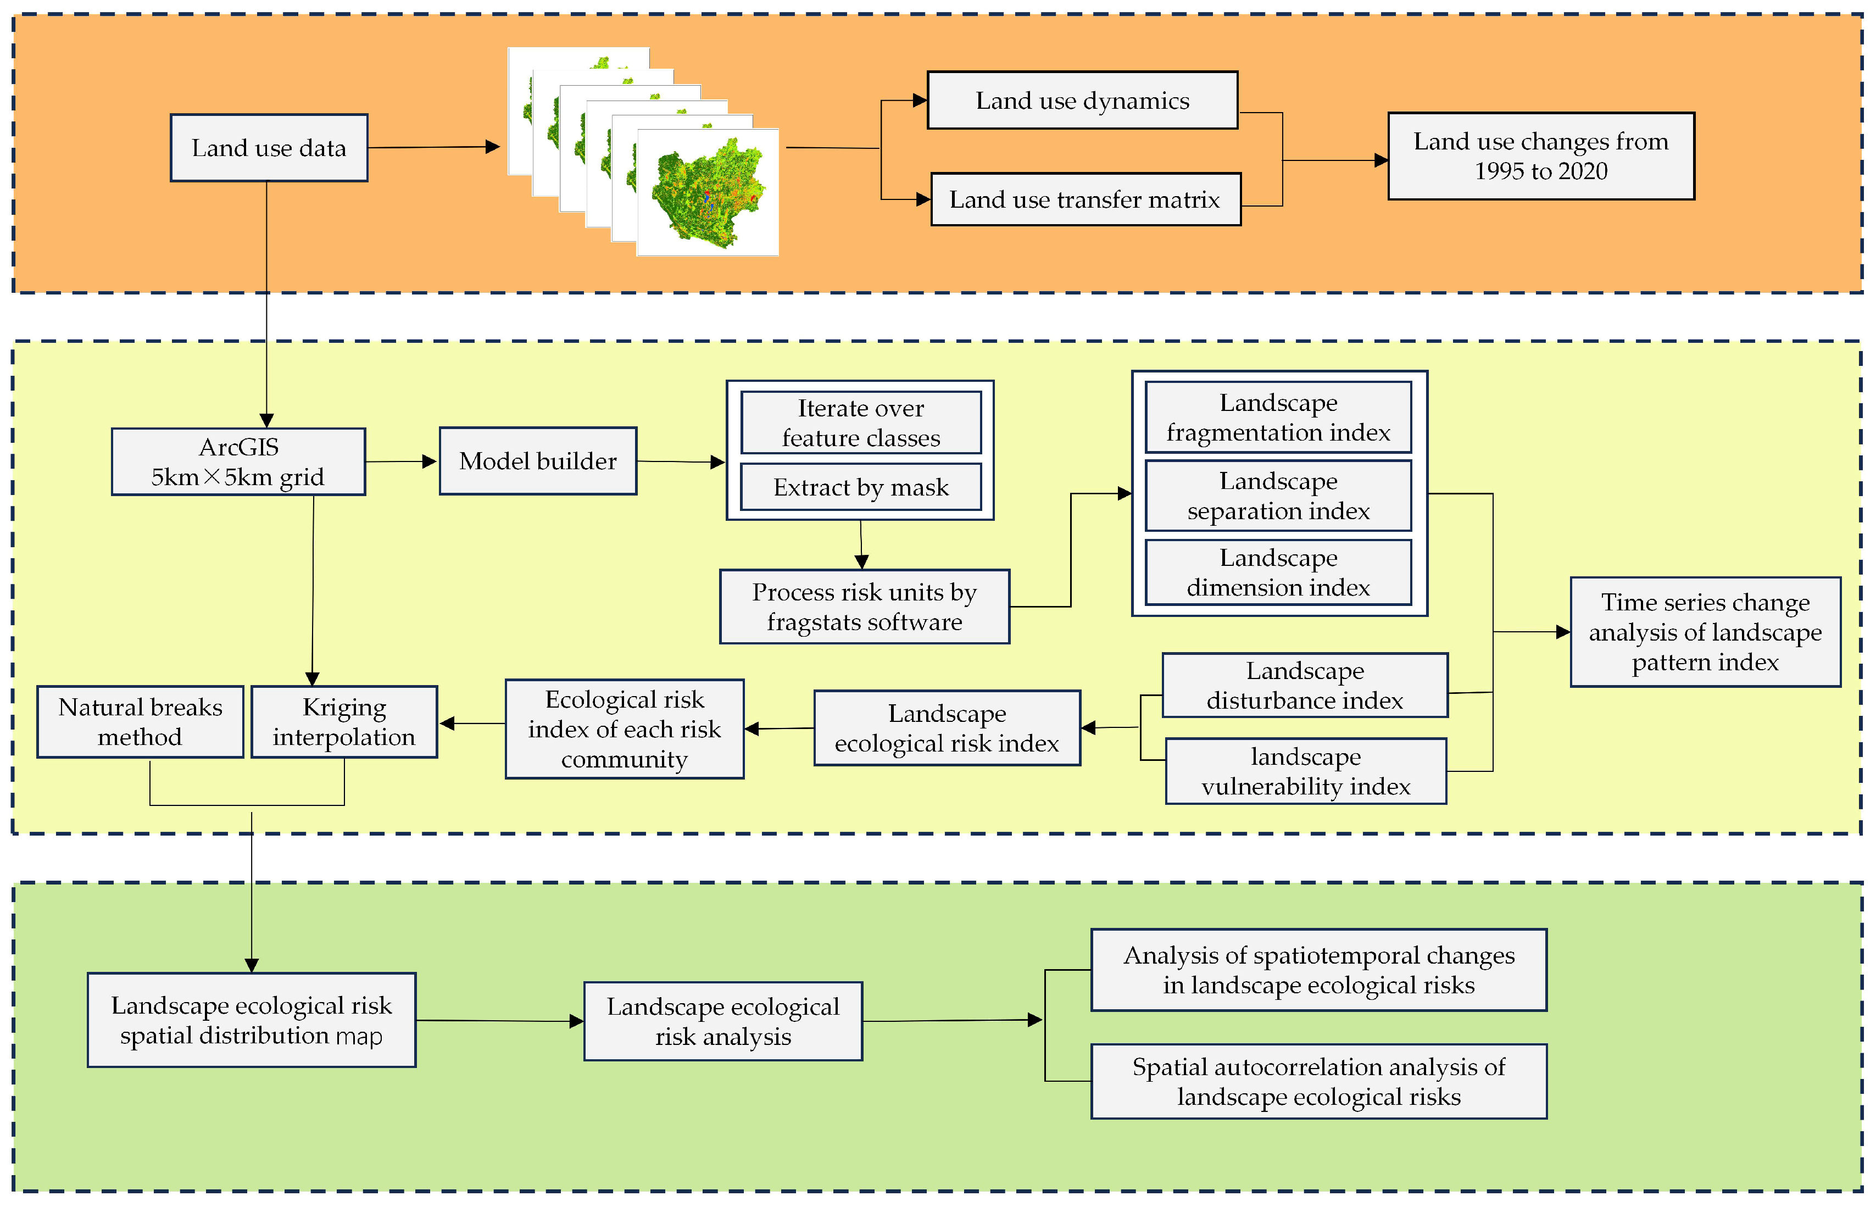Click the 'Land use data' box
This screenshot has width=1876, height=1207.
click(x=268, y=148)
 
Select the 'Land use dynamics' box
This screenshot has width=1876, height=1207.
click(x=1082, y=101)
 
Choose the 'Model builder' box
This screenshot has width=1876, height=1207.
click(x=538, y=461)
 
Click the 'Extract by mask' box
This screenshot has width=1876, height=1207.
click(x=860, y=487)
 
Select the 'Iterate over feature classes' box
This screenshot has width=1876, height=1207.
click(x=860, y=423)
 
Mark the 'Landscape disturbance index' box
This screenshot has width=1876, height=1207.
click(x=1304, y=686)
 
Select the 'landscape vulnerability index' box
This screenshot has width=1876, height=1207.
click(x=1306, y=771)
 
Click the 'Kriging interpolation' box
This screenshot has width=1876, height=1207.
click(x=344, y=722)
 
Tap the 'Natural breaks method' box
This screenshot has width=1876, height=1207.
click(x=140, y=722)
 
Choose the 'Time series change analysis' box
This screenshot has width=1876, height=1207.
click(x=1705, y=632)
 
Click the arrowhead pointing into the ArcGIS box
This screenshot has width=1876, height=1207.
click(x=266, y=420)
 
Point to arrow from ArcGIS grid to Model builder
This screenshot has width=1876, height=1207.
click(x=400, y=461)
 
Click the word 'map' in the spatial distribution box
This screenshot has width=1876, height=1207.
click(x=359, y=1036)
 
